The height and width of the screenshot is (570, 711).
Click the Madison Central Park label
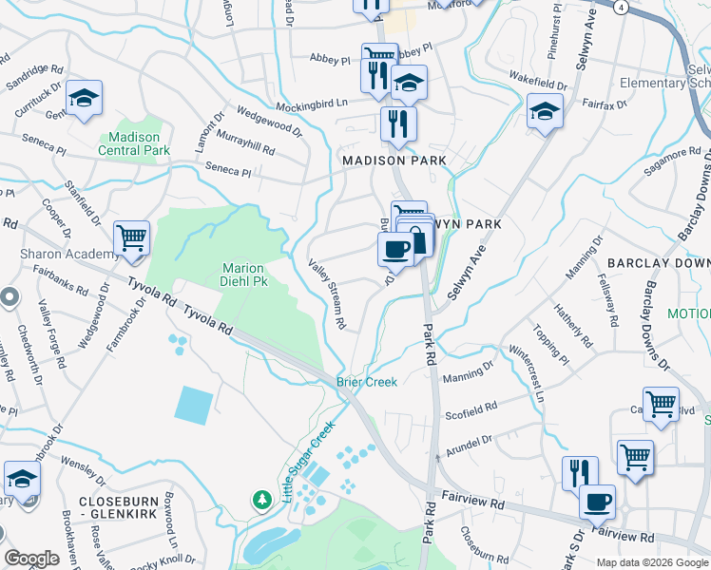tap(133, 143)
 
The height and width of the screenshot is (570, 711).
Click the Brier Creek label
tap(366, 381)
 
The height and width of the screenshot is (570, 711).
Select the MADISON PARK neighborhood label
tap(394, 161)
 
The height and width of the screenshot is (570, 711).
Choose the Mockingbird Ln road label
tap(313, 103)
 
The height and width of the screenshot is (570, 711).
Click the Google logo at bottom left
tap(32, 559)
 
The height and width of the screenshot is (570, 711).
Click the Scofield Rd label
tap(471, 408)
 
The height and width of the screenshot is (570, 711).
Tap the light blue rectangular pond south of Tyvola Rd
tap(194, 406)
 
